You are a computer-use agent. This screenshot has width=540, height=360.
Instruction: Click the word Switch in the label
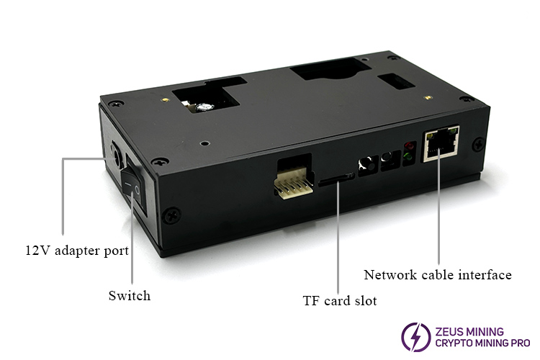point(130,295)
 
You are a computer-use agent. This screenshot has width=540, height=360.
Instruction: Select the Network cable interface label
point(438,274)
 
